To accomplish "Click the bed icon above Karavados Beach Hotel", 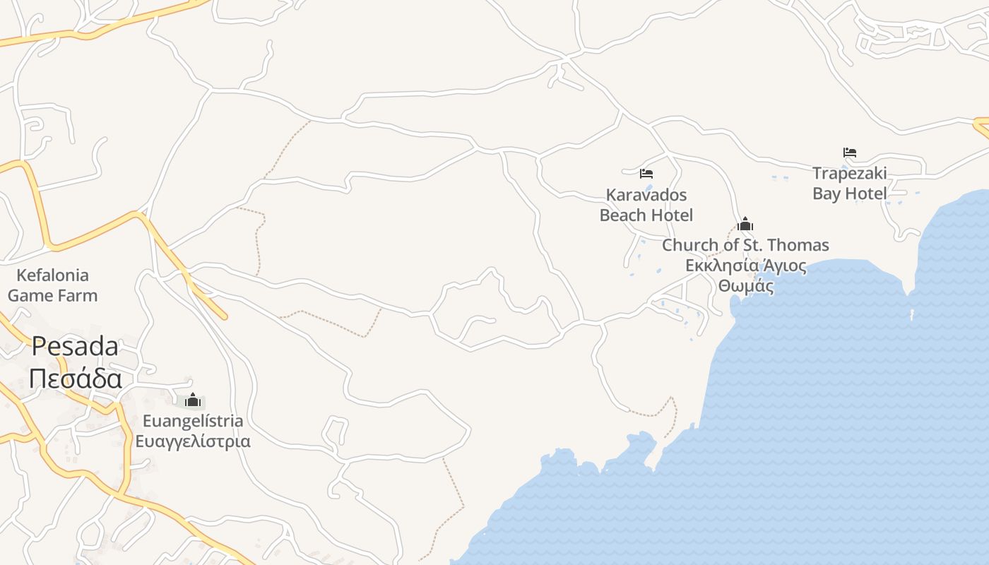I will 646,173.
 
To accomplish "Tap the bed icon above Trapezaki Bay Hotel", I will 850,153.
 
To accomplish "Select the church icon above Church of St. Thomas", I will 745,225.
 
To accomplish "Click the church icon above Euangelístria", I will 193,400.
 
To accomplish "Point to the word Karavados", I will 646,194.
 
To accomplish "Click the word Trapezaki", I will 849,173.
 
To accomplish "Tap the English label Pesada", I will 76,346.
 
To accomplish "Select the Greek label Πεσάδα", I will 76,379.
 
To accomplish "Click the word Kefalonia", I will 52,275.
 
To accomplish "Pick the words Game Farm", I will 52,295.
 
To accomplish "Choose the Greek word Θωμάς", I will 745,286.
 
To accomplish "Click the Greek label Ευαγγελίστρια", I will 193,441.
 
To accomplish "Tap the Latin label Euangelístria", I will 193,421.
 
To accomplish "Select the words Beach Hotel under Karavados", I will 646,215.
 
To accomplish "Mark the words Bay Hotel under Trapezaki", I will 849,194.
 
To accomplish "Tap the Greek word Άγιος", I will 785,266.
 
